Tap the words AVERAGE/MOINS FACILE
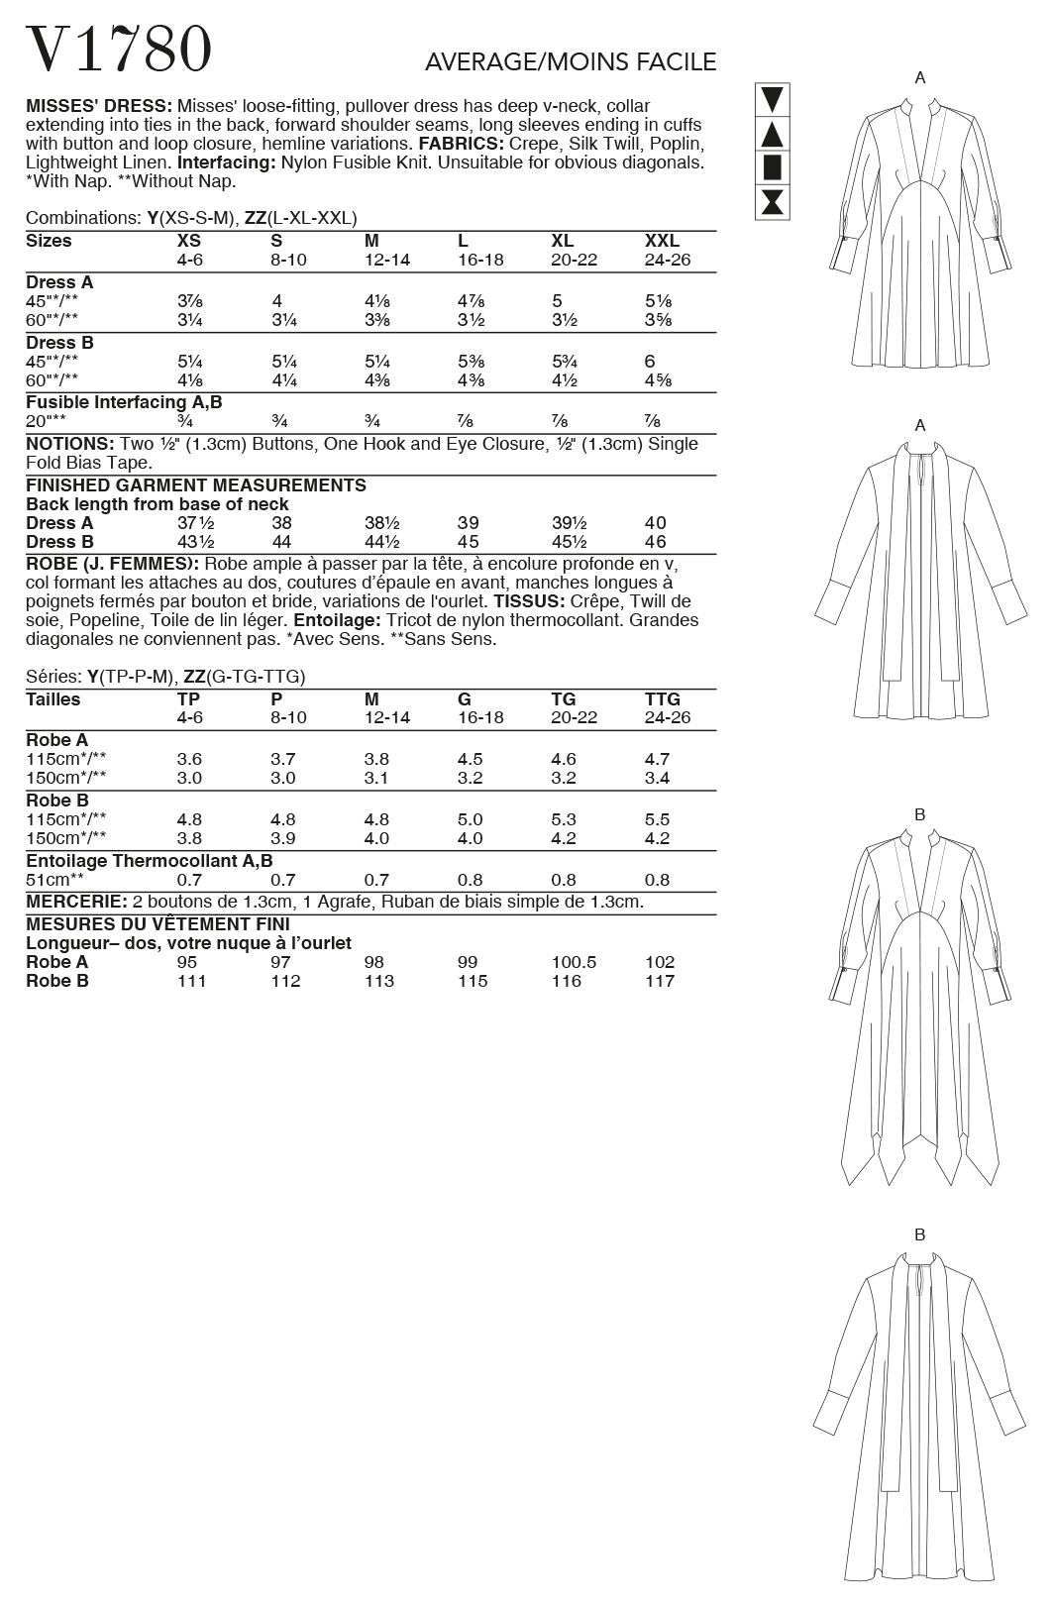click(x=570, y=62)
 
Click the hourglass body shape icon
click(x=773, y=202)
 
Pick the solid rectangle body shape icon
click(x=773, y=167)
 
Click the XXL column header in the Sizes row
click(x=662, y=241)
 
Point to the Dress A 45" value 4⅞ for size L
click(x=470, y=301)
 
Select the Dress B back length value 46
click(x=655, y=542)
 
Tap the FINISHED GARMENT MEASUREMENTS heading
click(x=196, y=485)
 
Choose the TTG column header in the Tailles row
click(x=663, y=699)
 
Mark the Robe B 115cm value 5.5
click(x=657, y=819)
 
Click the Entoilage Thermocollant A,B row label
click(x=149, y=861)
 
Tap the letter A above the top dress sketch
click(x=920, y=78)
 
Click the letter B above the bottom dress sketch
click(x=919, y=1234)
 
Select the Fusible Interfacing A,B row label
click(x=124, y=402)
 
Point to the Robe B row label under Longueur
click(x=57, y=981)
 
